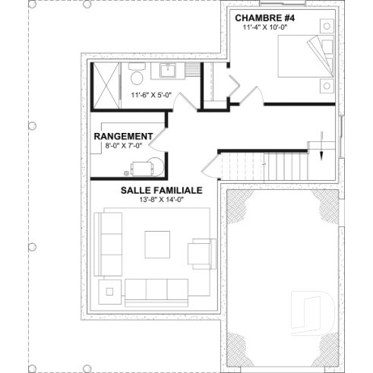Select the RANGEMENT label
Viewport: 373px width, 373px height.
[x=123, y=136]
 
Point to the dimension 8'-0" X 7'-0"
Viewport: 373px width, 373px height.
[x=123, y=146]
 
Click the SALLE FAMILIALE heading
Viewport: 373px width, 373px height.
[x=160, y=191]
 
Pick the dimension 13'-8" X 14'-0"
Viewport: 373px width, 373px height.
[x=160, y=201]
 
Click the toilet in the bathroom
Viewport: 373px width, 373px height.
[x=137, y=76]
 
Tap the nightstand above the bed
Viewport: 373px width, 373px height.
[x=327, y=27]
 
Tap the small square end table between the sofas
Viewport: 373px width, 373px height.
[x=109, y=289]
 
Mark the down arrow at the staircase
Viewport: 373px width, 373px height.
[x=321, y=147]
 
